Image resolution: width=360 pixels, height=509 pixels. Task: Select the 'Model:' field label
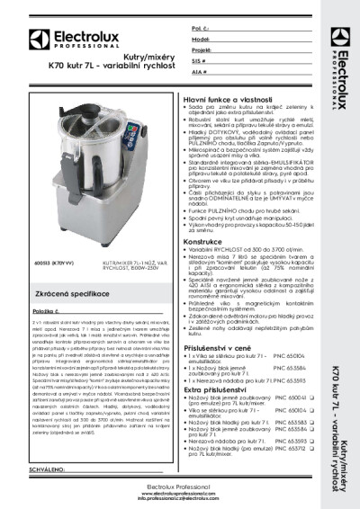[201, 40]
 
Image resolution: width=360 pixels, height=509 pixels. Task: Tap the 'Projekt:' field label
[202, 49]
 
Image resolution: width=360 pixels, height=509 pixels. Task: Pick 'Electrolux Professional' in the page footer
[180, 487]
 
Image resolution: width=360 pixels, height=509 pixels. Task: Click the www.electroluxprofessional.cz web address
[180, 494]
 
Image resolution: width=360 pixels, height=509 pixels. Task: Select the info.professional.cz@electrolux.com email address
[180, 500]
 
